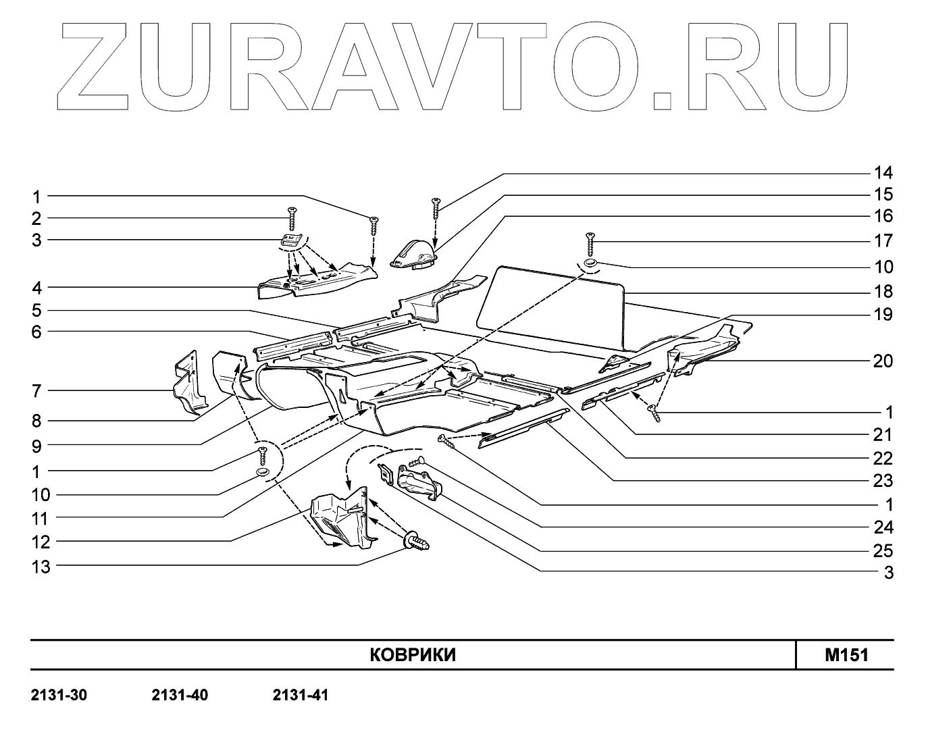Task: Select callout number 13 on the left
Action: [x=41, y=567]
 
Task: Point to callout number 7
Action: [x=36, y=390]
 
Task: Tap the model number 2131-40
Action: [x=180, y=695]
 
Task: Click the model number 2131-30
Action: [x=59, y=695]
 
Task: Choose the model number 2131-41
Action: [x=301, y=695]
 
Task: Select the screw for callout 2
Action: [x=292, y=219]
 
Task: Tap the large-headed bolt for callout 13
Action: [x=415, y=541]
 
